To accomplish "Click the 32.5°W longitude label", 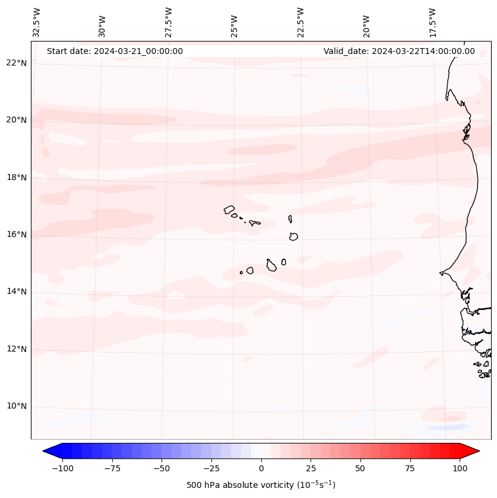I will point(37,22).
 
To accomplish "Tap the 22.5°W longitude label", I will point(300,22).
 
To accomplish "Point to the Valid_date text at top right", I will point(399,51).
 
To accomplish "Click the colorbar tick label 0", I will point(261,468).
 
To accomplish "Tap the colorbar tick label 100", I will point(460,468).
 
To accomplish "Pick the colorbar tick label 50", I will point(360,468).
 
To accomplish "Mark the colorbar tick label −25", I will point(211,468).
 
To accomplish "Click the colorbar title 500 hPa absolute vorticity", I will point(261,485).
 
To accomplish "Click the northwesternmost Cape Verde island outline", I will point(229,210).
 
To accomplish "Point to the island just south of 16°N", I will point(293,236).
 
